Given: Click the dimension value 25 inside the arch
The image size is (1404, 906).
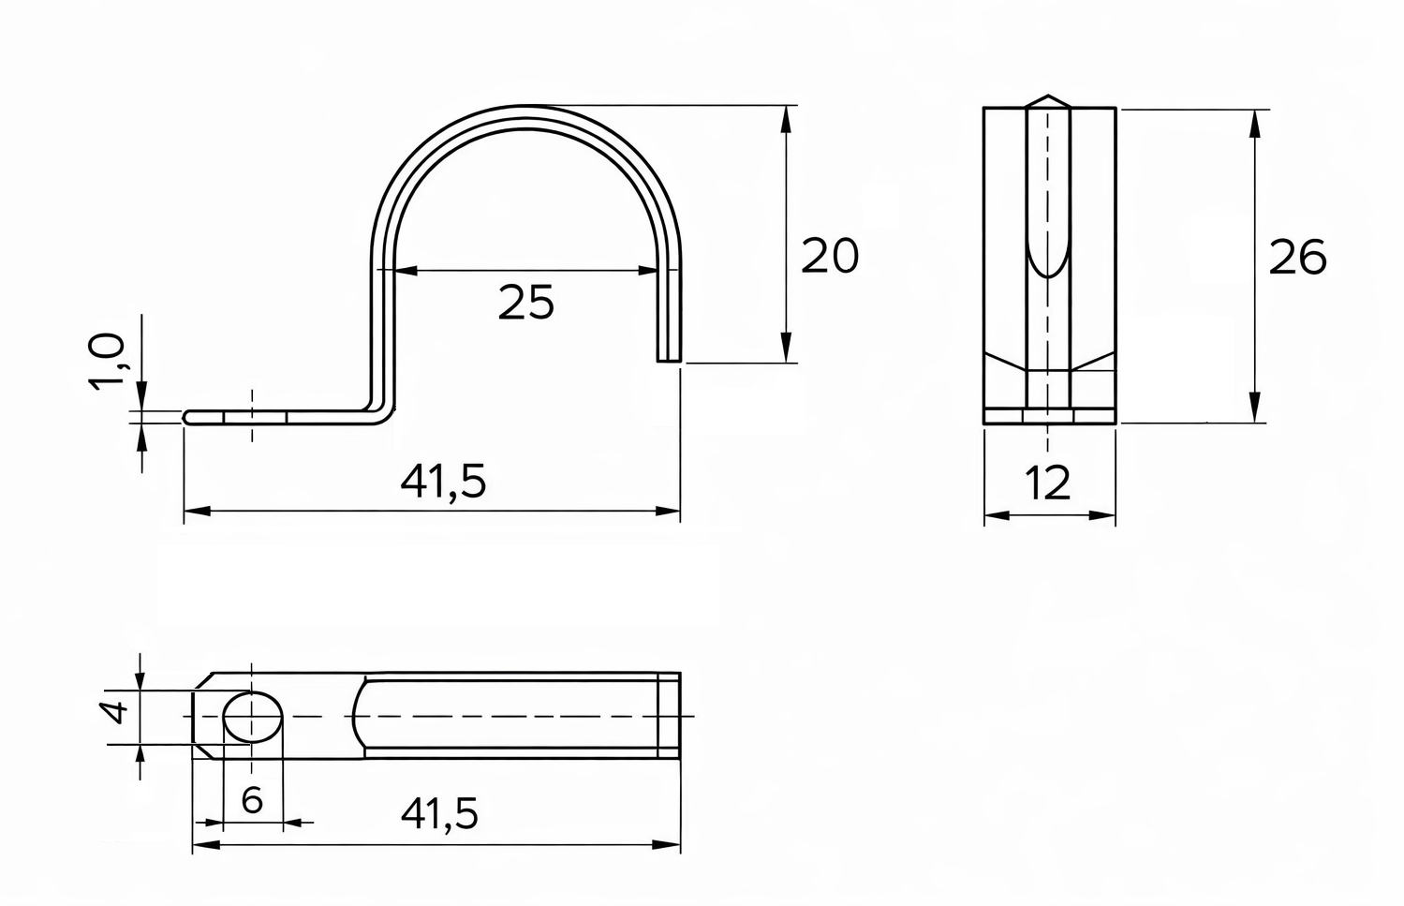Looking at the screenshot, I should click(x=525, y=302).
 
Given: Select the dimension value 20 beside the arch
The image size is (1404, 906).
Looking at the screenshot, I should click(x=830, y=257).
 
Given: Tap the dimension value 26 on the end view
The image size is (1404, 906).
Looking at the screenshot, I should click(x=1297, y=258).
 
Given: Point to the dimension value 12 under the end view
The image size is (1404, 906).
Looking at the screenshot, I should click(x=1047, y=483).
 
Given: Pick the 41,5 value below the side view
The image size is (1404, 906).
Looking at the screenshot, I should click(x=444, y=482).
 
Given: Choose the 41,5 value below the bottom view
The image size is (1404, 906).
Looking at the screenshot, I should click(x=439, y=814).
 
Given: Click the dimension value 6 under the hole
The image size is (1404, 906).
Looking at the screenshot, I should click(x=251, y=800).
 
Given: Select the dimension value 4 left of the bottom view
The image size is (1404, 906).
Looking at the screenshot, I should click(x=116, y=713).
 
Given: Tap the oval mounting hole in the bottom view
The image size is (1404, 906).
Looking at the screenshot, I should click(x=253, y=717).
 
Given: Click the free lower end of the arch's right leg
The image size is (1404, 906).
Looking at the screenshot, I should click(x=668, y=357).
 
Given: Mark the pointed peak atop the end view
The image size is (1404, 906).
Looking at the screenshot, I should click(x=1050, y=97).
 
